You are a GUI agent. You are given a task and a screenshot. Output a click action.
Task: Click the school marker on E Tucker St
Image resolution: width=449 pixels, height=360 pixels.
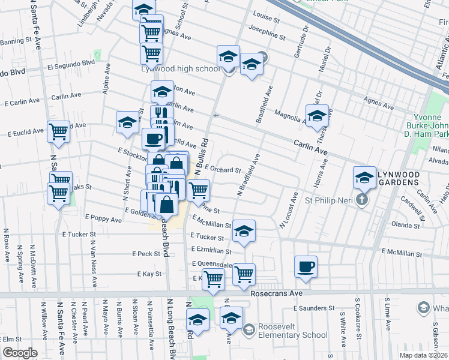coord(244,231)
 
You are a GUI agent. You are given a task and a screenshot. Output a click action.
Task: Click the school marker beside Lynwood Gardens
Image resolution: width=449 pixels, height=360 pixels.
coord(364,177)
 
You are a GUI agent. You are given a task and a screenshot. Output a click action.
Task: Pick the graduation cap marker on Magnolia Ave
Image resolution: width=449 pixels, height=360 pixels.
coord(317,115)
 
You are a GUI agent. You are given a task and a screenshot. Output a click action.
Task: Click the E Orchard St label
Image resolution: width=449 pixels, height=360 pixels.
coord(221,170)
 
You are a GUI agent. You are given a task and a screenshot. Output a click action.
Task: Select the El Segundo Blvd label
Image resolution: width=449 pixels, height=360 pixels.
coord(71,62)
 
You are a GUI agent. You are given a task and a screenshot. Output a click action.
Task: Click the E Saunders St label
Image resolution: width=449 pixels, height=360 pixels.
coord(313,308)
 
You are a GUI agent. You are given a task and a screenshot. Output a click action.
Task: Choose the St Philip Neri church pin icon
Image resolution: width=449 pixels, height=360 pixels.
coord(362,199)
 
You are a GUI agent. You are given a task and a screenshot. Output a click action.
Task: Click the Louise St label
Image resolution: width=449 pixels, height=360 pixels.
coord(267,18)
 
